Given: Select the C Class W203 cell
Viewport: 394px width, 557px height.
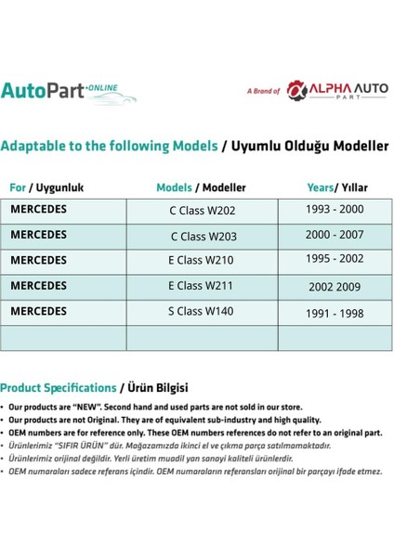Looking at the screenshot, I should coord(202,237).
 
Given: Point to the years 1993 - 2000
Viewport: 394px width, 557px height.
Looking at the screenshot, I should coord(334,210).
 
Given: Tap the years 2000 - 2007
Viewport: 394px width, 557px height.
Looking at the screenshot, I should coord(334,236).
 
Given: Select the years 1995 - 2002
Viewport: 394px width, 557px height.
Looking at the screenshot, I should coord(334,261).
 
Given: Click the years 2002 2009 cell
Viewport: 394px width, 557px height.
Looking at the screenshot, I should coord(334,287).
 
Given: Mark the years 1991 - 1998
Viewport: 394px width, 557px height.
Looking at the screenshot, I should coord(334,313).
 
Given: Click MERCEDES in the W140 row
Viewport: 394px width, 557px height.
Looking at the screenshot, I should coord(38,311).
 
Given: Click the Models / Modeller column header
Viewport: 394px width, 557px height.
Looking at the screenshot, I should coord(201,188).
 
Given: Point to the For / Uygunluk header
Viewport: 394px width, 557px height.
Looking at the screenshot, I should coord(46,188).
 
